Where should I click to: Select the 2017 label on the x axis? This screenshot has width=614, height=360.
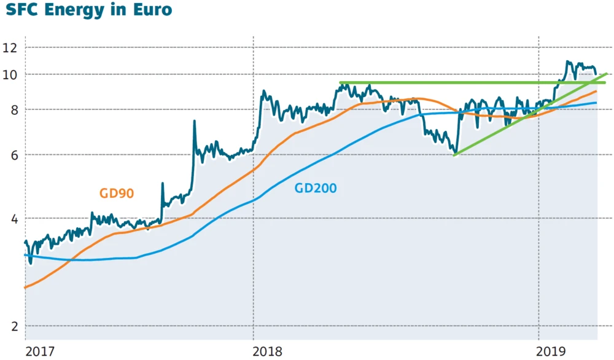click(41, 352)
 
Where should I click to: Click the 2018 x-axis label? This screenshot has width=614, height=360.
click(268, 352)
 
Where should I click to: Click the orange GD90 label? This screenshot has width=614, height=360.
click(117, 193)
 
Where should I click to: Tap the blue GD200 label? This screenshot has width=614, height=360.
click(316, 189)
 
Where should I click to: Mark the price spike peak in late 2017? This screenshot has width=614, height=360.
click(195, 121)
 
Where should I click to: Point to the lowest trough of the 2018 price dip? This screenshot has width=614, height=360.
click(454, 152)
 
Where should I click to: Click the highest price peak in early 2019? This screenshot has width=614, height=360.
click(567, 61)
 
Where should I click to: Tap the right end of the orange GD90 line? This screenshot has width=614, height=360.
click(596, 92)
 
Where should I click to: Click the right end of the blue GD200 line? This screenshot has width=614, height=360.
click(596, 103)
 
